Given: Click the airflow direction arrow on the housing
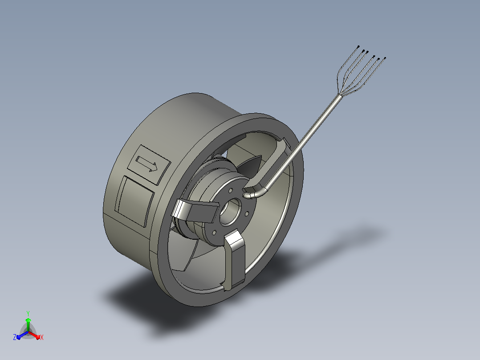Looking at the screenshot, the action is [146, 164].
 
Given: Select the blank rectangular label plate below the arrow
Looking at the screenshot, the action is [134, 201].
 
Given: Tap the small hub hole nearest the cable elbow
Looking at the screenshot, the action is [231, 191].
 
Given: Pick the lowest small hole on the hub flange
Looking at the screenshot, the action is [214, 233].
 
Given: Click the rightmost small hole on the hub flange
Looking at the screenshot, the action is [247, 213].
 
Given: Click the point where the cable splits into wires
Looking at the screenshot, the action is [339, 95].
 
